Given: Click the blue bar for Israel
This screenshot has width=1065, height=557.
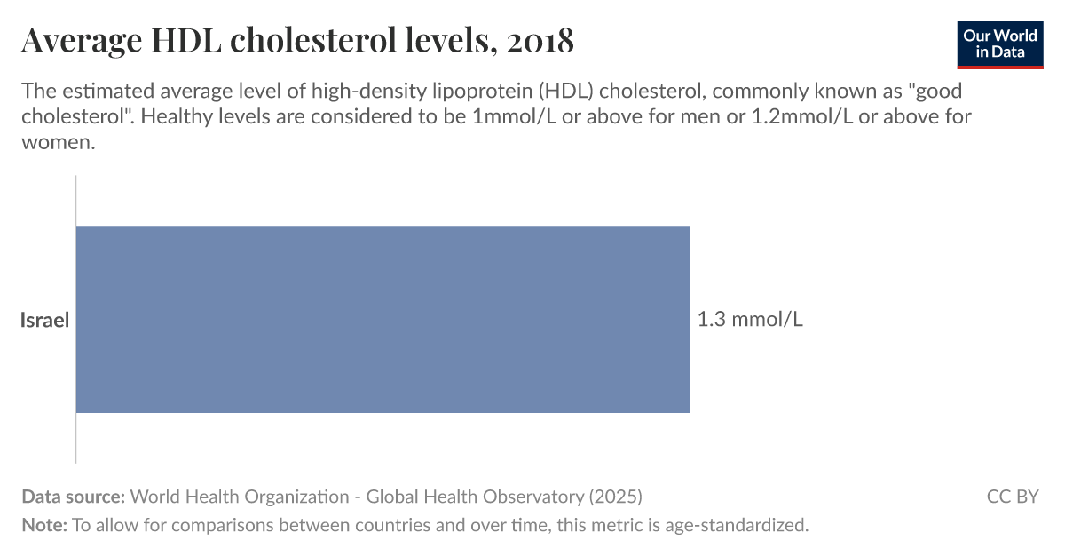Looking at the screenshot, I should coord(383,319).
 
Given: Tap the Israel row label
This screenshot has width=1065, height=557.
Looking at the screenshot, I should coord(44,321).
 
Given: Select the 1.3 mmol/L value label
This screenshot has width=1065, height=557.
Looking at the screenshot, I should coord(750,320).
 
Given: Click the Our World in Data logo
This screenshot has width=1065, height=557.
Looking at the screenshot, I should coord(1000,44).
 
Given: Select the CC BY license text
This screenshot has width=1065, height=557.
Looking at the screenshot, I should coord(1012,497).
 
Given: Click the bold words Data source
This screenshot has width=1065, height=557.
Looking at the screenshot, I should coord(73,497).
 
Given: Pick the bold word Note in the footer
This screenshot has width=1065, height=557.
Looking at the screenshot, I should coord(43,525).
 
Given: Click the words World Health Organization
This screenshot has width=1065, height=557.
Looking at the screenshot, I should coord(240,497).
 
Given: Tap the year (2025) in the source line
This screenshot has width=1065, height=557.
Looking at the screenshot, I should coord(613,497).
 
